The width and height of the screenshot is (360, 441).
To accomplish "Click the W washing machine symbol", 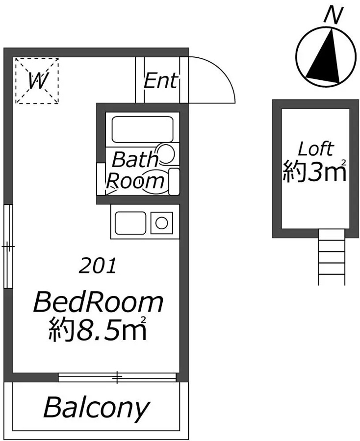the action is [x=37, y=81].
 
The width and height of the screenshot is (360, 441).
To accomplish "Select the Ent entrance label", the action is [x=161, y=80].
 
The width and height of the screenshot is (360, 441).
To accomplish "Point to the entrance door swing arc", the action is [x=225, y=73].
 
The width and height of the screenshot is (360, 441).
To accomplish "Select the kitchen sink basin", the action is [x=130, y=223].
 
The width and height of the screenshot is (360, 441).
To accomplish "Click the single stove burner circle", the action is [x=161, y=223].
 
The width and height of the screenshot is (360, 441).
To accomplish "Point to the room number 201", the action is [x=98, y=266].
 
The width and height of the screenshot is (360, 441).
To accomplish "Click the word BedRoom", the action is [x=98, y=303].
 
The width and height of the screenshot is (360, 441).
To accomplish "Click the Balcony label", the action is [x=96, y=408].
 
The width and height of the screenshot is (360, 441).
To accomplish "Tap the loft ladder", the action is [x=331, y=257].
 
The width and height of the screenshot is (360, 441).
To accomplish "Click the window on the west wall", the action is [x=8, y=246].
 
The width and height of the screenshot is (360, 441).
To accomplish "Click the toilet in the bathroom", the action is [x=154, y=181].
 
